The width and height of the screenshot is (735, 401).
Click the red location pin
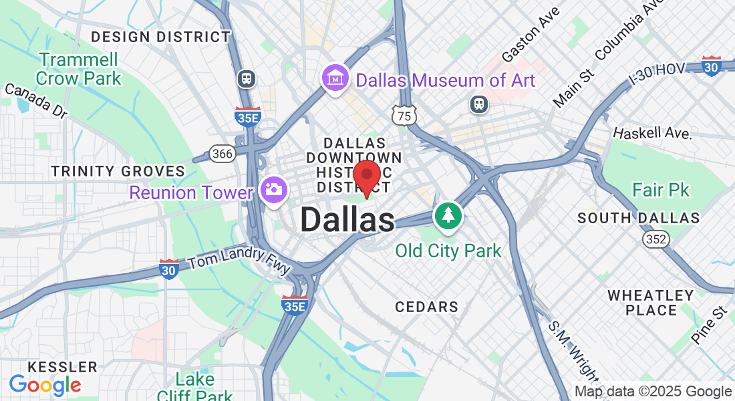(x=367, y=177)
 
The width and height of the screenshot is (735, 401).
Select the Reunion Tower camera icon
(x=273, y=190)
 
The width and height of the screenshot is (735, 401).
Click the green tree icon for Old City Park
(x=448, y=216)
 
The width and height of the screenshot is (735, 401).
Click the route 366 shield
(x=222, y=154)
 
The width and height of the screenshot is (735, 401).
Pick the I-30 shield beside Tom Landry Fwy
(x=169, y=269)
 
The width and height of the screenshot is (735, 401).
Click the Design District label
(x=160, y=37)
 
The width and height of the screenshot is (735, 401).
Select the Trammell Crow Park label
(x=79, y=69)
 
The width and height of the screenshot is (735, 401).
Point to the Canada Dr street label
(x=36, y=100)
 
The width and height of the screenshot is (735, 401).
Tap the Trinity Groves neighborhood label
(x=118, y=172)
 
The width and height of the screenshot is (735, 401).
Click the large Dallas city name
(x=347, y=221)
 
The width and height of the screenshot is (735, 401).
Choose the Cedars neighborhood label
(x=426, y=307)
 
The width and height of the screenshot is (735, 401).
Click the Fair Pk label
(x=661, y=190)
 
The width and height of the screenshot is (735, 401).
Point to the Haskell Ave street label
(x=651, y=133)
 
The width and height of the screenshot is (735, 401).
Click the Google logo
(x=45, y=385)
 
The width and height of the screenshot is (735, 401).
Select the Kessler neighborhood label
(x=62, y=368)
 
